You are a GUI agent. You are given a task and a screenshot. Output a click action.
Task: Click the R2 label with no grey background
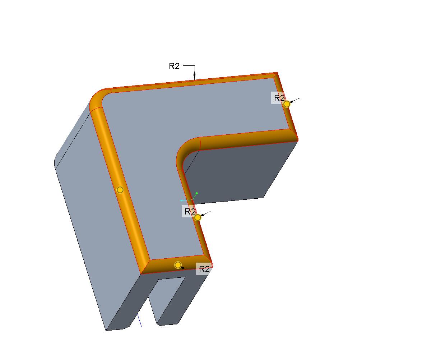[x=174, y=66]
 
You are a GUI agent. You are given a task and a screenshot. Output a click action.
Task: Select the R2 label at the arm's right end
[x=279, y=98]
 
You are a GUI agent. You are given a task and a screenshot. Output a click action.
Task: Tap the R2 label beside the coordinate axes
[x=190, y=212]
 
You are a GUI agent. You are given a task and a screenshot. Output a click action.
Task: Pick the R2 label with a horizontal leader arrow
[x=204, y=269]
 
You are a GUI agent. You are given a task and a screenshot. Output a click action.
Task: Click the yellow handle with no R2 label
[x=120, y=190]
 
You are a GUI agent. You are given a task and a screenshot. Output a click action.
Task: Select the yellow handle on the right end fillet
[x=287, y=104]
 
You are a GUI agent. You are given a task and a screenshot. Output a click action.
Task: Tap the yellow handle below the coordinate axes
[x=198, y=218]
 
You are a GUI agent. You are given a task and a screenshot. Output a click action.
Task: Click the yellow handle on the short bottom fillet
[x=178, y=265]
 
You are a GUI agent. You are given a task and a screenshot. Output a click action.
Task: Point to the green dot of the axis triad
[x=196, y=193]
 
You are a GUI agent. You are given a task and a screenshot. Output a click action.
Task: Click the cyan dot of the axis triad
[x=181, y=200]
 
